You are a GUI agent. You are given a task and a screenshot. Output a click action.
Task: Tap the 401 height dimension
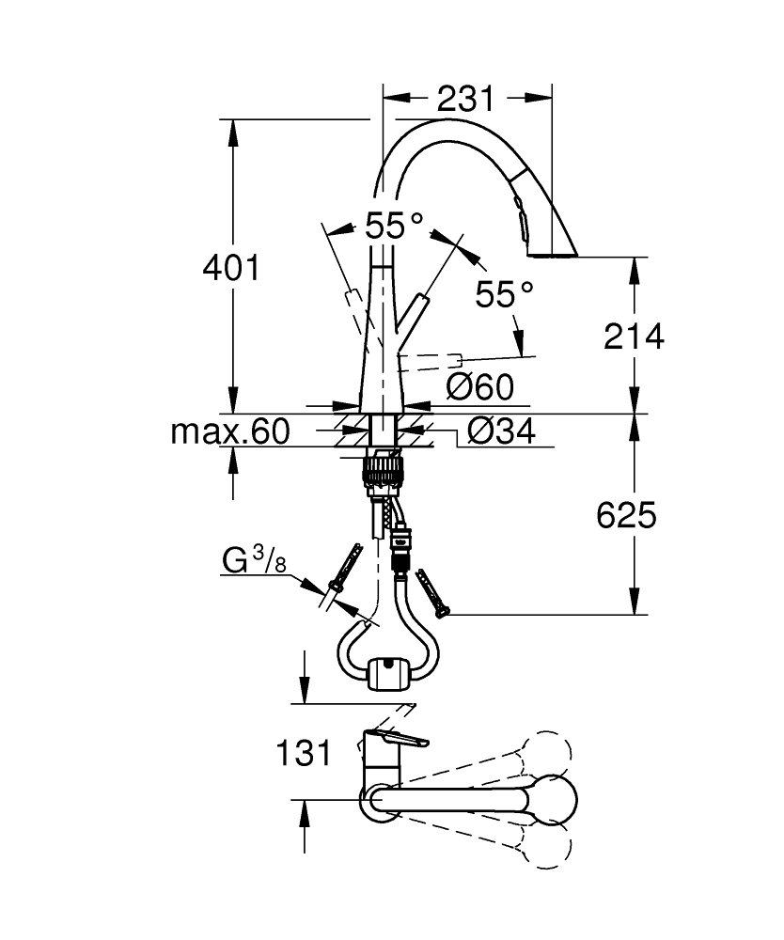click(x=231, y=269)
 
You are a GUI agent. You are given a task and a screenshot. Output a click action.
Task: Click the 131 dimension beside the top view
click(x=304, y=752)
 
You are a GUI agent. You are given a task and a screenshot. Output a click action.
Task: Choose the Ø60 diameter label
click(x=480, y=386)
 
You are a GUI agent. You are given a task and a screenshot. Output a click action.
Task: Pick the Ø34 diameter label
click(x=500, y=431)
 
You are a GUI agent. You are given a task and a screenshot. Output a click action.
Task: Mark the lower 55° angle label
click(x=504, y=295)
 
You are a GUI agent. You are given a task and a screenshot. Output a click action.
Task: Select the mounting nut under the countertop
click(x=384, y=466)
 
